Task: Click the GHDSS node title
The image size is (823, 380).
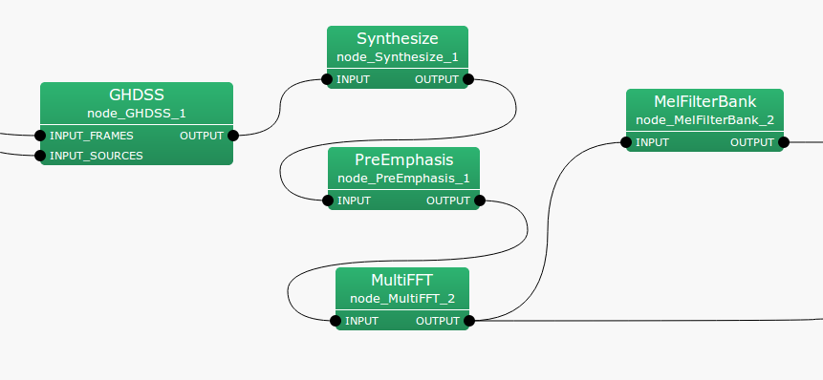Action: coord(137,95)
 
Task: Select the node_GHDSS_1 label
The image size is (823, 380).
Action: coord(137,113)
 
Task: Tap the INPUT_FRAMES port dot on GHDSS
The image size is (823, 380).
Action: coord(40,136)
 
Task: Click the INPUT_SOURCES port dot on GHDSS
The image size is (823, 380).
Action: coord(40,155)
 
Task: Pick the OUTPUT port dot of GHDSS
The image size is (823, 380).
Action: coord(233,136)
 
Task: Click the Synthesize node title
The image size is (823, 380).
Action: coord(397,39)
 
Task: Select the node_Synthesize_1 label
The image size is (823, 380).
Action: coord(397,57)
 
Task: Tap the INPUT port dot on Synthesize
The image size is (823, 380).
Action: coord(327,80)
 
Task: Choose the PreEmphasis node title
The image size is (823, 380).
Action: coord(403,159)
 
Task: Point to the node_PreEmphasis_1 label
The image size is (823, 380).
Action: coord(403,179)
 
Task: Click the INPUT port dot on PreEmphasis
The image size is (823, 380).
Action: coord(328,201)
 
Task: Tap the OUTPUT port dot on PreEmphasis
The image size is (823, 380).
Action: coord(480,201)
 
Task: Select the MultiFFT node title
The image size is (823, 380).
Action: coord(402,281)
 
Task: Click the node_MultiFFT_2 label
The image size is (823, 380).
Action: coord(402,299)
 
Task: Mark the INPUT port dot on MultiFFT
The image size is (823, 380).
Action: coord(336,321)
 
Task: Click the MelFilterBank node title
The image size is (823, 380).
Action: coord(704,102)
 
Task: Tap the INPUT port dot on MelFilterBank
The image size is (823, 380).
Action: coord(626,143)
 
